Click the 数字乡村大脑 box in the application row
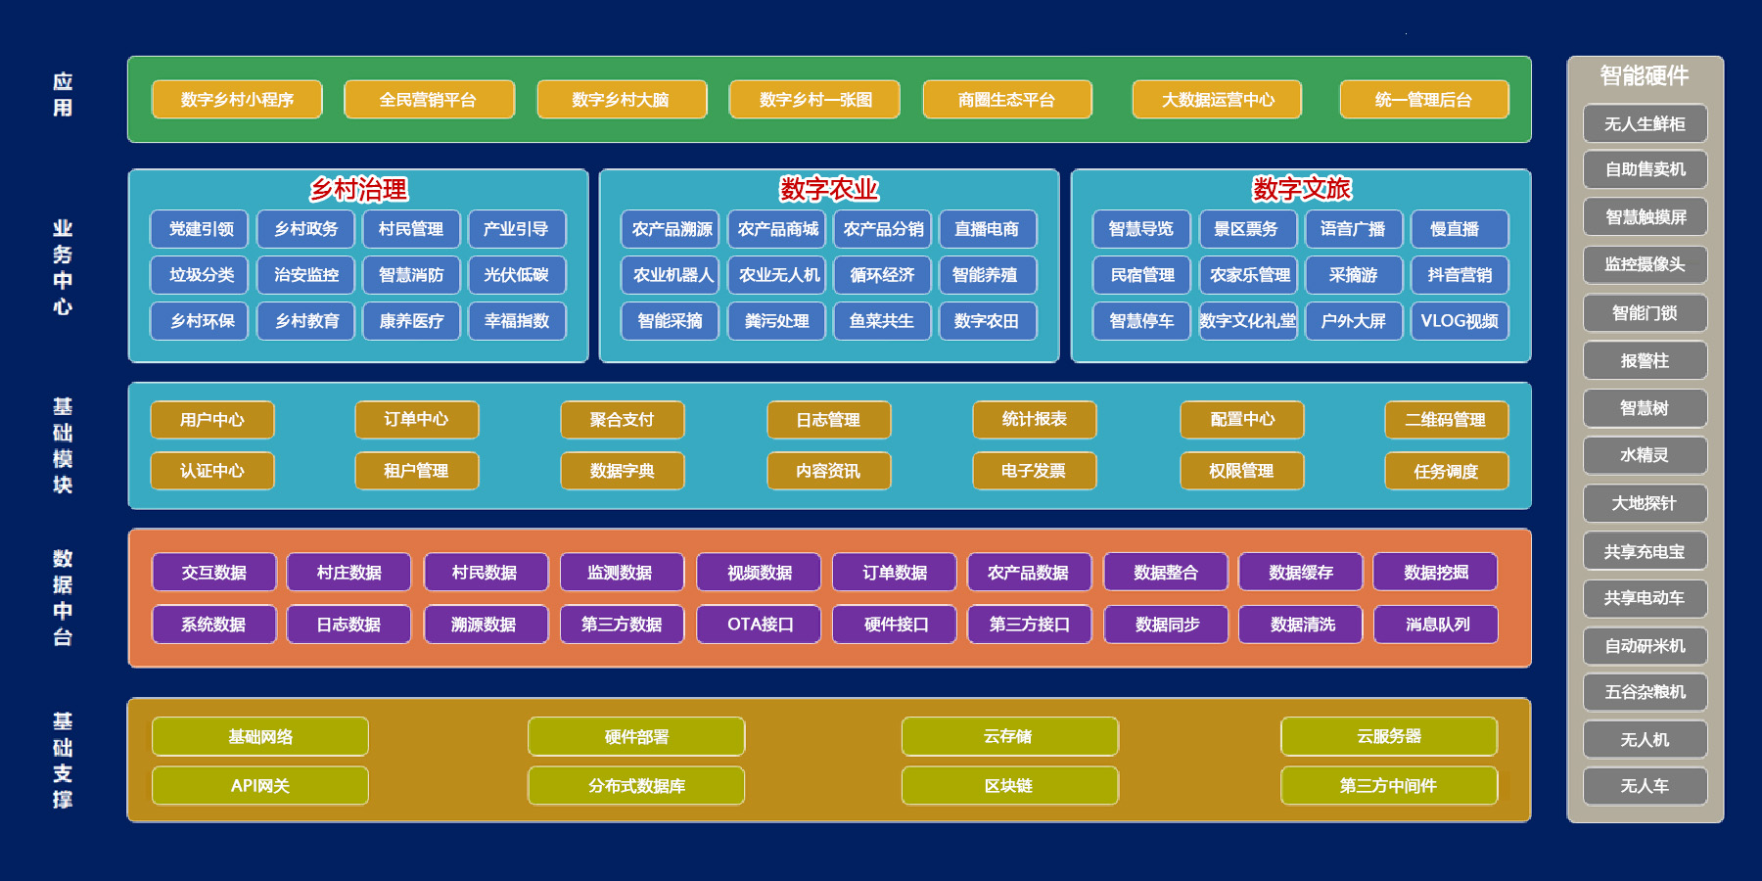(622, 100)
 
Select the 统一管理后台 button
(1423, 100)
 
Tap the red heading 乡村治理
(358, 189)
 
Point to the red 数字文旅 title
(1301, 188)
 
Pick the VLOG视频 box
(1460, 321)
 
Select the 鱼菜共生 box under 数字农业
(882, 321)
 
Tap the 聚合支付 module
(622, 420)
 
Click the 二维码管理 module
(1446, 420)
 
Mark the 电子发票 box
(1034, 471)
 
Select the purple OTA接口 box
(759, 625)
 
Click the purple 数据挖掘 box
(1435, 573)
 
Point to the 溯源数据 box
(486, 625)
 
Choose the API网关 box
(260, 786)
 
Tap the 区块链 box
(1009, 786)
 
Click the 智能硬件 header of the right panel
(1645, 76)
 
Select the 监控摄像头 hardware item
(1645, 265)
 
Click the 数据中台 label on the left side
(63, 598)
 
